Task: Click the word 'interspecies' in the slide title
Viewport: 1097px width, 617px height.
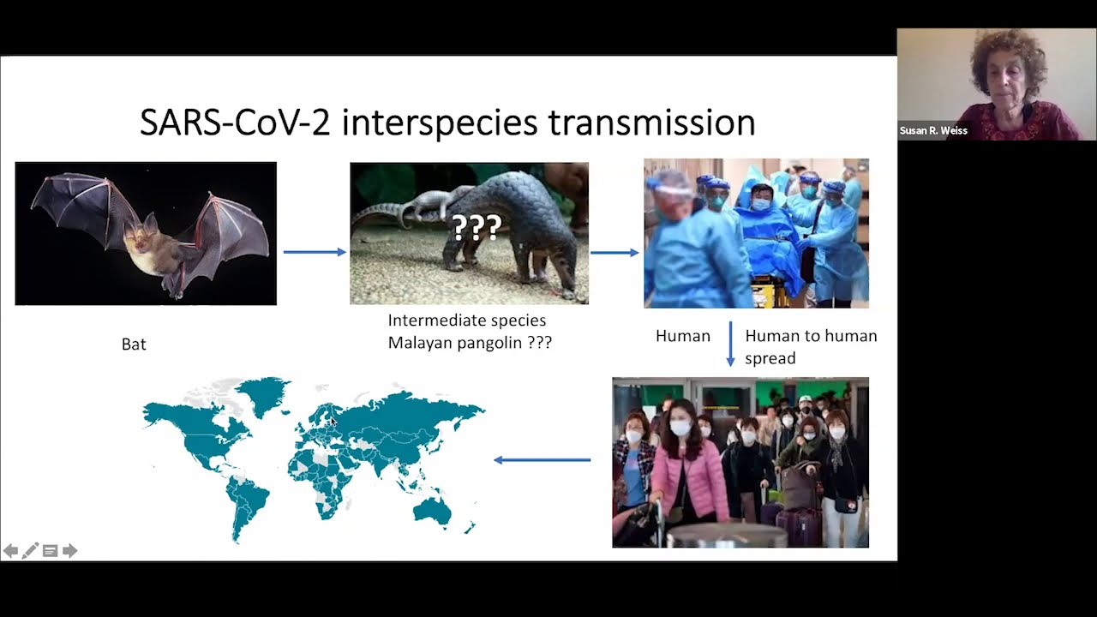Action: (x=440, y=123)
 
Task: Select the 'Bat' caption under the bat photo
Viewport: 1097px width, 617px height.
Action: (x=134, y=344)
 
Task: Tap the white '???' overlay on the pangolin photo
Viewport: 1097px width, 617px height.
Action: (x=477, y=227)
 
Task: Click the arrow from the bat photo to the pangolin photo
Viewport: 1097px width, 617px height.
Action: (x=315, y=252)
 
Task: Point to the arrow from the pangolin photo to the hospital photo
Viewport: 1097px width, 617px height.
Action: (x=614, y=253)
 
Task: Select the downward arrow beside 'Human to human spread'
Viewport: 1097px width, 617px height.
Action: (x=730, y=344)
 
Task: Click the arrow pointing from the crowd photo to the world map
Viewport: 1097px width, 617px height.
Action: (x=543, y=460)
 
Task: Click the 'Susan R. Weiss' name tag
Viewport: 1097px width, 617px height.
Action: (x=933, y=131)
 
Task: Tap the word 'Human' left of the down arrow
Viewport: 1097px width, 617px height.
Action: (x=683, y=336)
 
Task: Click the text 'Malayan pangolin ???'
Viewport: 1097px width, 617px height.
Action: (x=470, y=343)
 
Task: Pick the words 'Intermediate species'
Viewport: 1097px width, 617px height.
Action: (x=467, y=320)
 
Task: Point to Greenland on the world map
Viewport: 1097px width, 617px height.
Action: (x=262, y=395)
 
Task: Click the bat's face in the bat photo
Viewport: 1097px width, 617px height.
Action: (x=140, y=241)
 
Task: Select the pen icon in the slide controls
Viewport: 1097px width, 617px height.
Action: (x=30, y=550)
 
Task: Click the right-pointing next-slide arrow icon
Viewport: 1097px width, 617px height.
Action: (x=70, y=551)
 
